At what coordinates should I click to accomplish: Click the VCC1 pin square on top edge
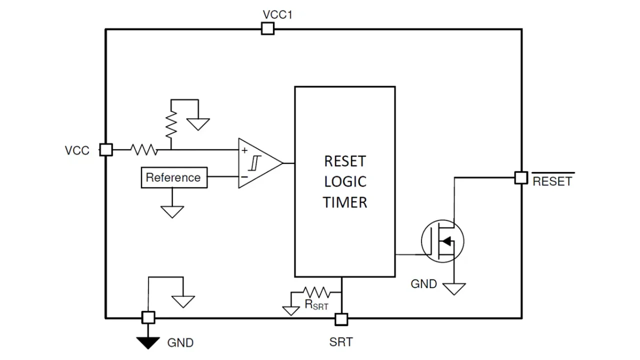click(268, 29)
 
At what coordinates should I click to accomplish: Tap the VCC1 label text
click(277, 14)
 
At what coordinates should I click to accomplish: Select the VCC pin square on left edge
click(106, 149)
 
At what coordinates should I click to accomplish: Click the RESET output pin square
click(521, 177)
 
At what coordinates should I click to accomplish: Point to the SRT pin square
click(341, 318)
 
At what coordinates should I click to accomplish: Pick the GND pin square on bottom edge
click(148, 317)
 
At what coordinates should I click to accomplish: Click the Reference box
click(174, 177)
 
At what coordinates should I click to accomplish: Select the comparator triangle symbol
click(259, 163)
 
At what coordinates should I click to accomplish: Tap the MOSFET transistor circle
click(442, 240)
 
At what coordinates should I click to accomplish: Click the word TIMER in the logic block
click(345, 202)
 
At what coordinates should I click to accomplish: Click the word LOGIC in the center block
click(345, 182)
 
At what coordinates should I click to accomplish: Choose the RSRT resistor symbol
click(316, 292)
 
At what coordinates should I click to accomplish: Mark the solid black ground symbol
click(148, 342)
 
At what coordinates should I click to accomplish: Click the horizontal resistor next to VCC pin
click(144, 149)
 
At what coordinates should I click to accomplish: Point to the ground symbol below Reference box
click(172, 211)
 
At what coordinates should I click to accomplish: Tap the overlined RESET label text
click(552, 181)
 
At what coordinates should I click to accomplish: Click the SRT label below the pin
click(341, 342)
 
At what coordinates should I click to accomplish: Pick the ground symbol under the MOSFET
click(454, 288)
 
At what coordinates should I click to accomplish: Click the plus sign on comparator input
click(244, 150)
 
